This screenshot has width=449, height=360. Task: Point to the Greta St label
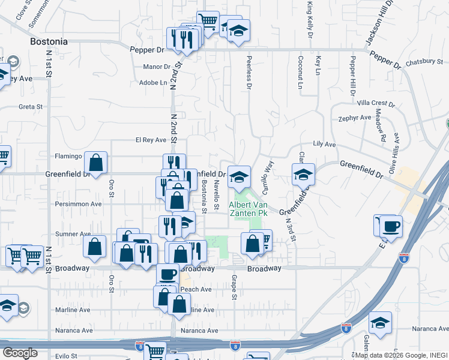(31, 107)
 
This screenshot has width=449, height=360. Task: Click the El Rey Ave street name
(151, 140)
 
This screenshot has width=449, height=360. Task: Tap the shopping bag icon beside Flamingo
(96, 161)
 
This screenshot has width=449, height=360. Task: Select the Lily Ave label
(324, 145)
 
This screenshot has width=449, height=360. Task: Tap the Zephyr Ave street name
(355, 118)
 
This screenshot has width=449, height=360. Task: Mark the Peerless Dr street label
(249, 73)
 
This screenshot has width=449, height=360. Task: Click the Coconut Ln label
(300, 73)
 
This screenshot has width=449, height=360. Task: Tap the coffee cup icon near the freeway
(391, 226)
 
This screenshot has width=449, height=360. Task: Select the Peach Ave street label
(196, 289)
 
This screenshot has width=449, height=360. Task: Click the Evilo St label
(64, 356)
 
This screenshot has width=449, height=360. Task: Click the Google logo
(20, 352)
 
